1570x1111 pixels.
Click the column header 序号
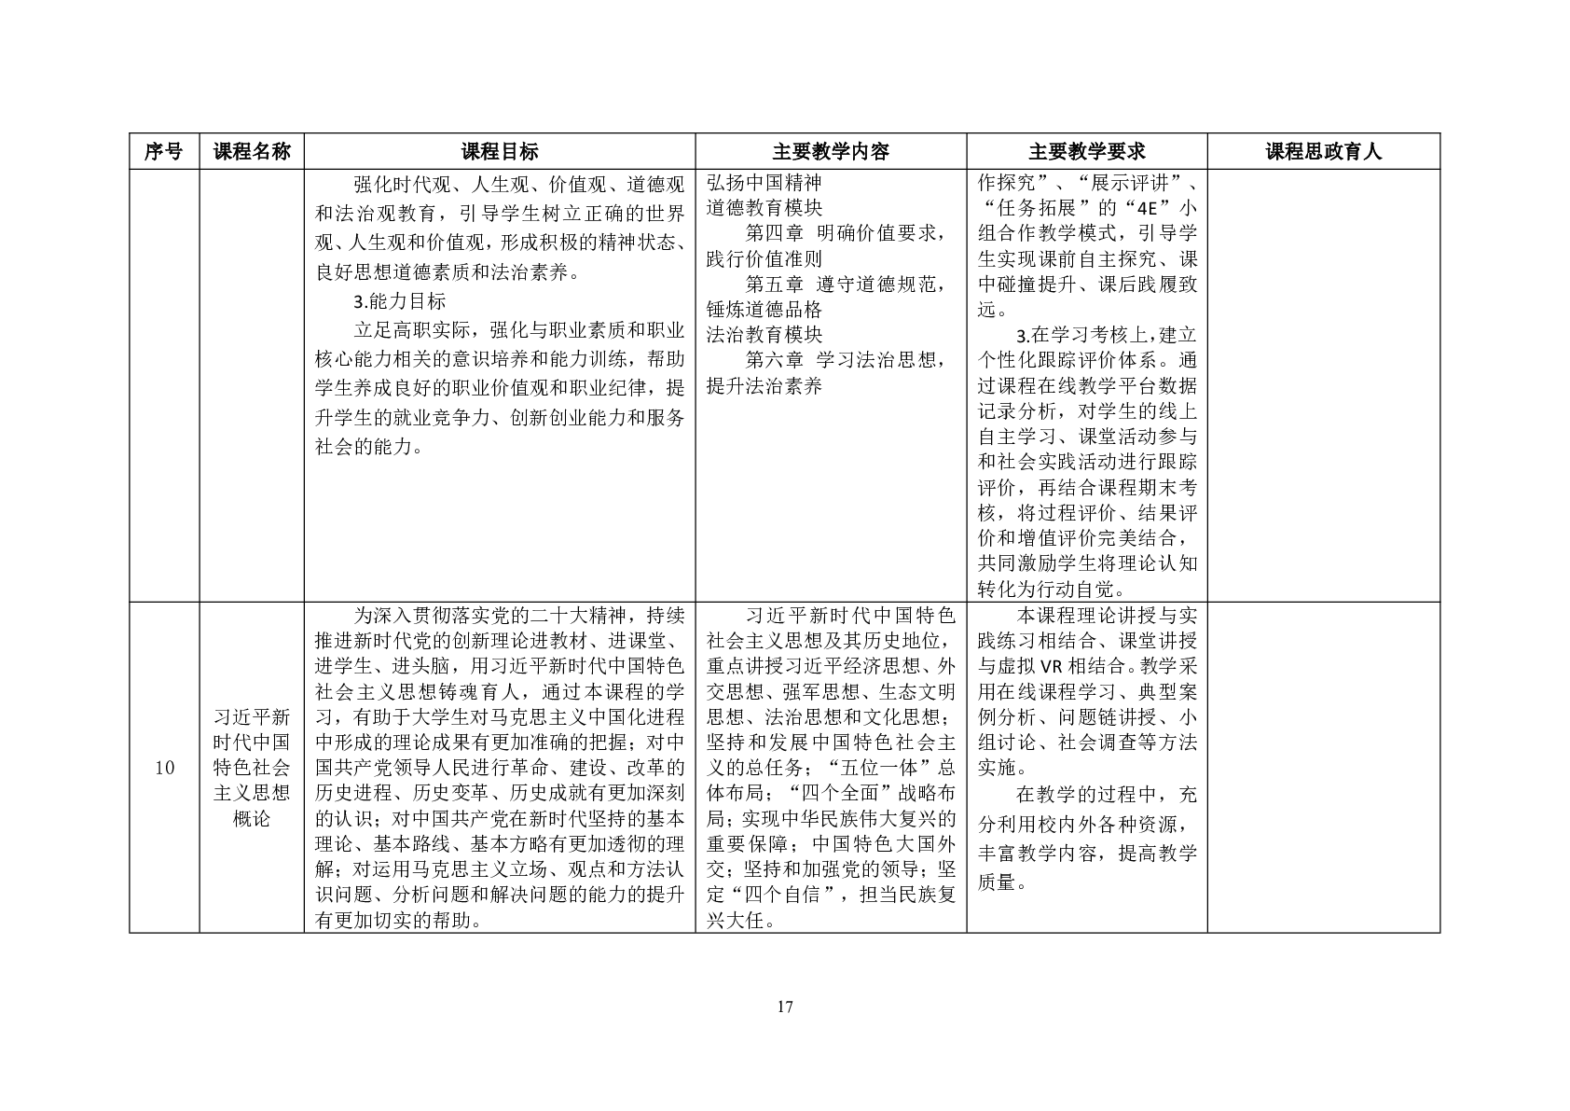click(x=164, y=151)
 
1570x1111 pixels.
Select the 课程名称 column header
click(x=252, y=151)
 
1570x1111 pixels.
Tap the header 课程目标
click(x=500, y=151)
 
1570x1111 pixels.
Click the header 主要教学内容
click(x=831, y=151)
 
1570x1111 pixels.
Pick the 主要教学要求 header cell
click(x=1086, y=151)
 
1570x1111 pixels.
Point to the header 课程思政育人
click(x=1323, y=151)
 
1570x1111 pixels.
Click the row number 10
click(x=164, y=769)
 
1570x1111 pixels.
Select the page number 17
click(x=784, y=1007)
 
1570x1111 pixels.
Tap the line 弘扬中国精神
click(x=764, y=183)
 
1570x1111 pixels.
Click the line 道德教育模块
click(x=764, y=208)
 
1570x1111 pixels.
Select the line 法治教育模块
click(x=764, y=334)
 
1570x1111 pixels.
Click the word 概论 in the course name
click(x=252, y=819)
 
